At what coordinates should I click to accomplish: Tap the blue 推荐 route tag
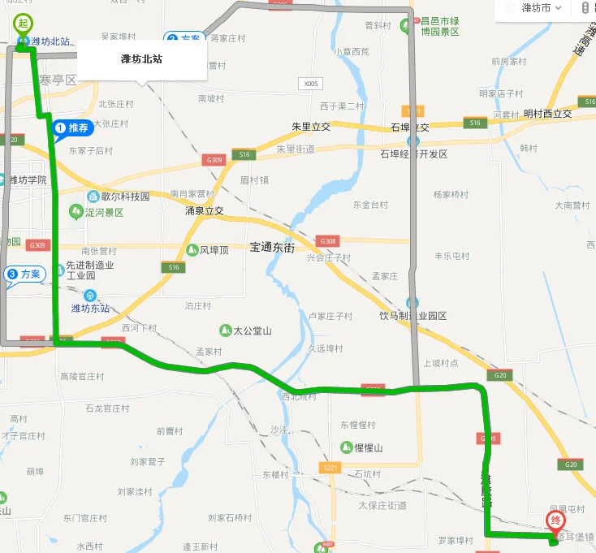pos(71,128)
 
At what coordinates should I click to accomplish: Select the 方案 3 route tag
pos(23,275)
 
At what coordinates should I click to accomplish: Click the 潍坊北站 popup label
pos(140,58)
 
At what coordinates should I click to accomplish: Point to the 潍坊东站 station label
pos(89,308)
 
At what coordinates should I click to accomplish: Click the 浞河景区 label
pos(103,212)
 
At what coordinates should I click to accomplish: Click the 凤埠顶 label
pos(214,250)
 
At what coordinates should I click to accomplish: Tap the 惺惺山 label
pos(366,447)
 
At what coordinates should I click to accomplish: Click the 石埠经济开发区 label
pos(414,153)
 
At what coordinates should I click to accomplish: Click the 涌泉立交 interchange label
pos(204,210)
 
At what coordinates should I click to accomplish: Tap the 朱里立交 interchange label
pos(311,127)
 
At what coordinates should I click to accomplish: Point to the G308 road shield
pos(328,241)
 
